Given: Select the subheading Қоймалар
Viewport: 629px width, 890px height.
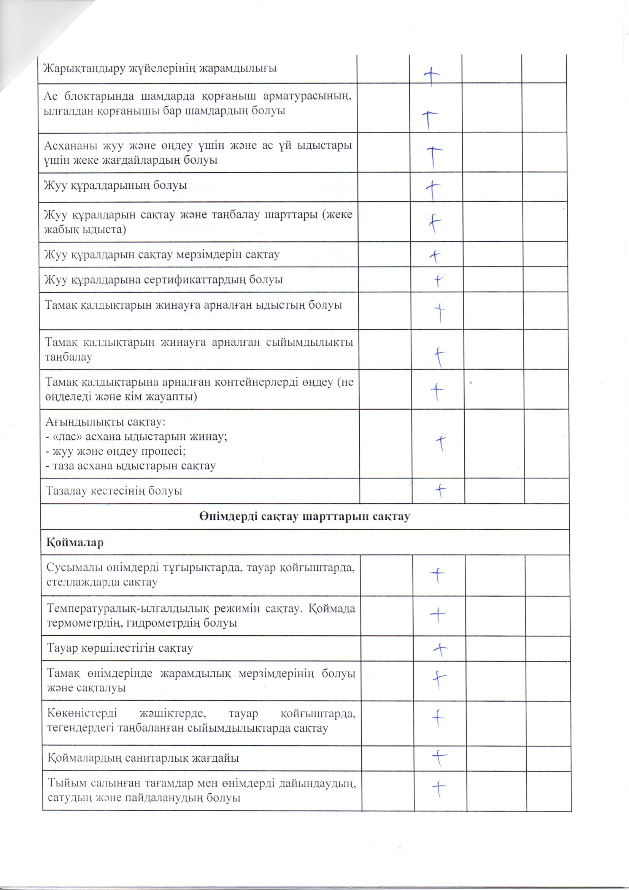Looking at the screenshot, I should click(75, 542).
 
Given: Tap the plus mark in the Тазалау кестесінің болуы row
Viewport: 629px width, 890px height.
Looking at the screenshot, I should click(440, 491).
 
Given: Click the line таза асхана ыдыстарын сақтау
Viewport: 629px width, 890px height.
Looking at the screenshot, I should click(130, 466).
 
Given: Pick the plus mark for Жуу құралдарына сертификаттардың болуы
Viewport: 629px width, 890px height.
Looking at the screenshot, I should click(438, 280).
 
